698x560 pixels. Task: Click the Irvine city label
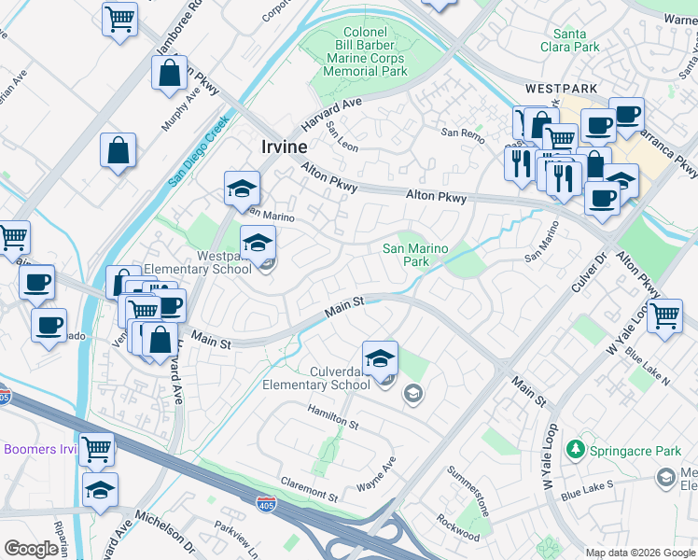tap(278, 147)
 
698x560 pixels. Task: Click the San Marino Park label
tap(416, 255)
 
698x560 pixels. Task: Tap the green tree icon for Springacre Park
tap(578, 451)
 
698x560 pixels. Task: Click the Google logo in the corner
tap(31, 549)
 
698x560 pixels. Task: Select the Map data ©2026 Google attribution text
tap(640, 553)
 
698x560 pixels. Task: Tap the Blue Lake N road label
tap(648, 368)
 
